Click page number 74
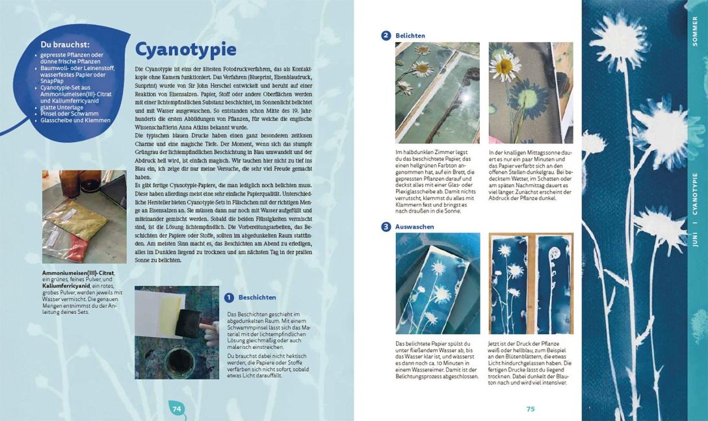(x=176, y=408)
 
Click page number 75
(x=530, y=409)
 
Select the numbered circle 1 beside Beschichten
(x=229, y=298)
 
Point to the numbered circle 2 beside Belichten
(x=386, y=36)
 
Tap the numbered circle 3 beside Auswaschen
(x=386, y=227)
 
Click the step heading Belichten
(x=411, y=36)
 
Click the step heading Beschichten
(x=257, y=298)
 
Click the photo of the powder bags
(x=84, y=216)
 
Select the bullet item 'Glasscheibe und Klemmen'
(x=75, y=120)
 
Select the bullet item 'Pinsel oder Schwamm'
(x=68, y=114)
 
